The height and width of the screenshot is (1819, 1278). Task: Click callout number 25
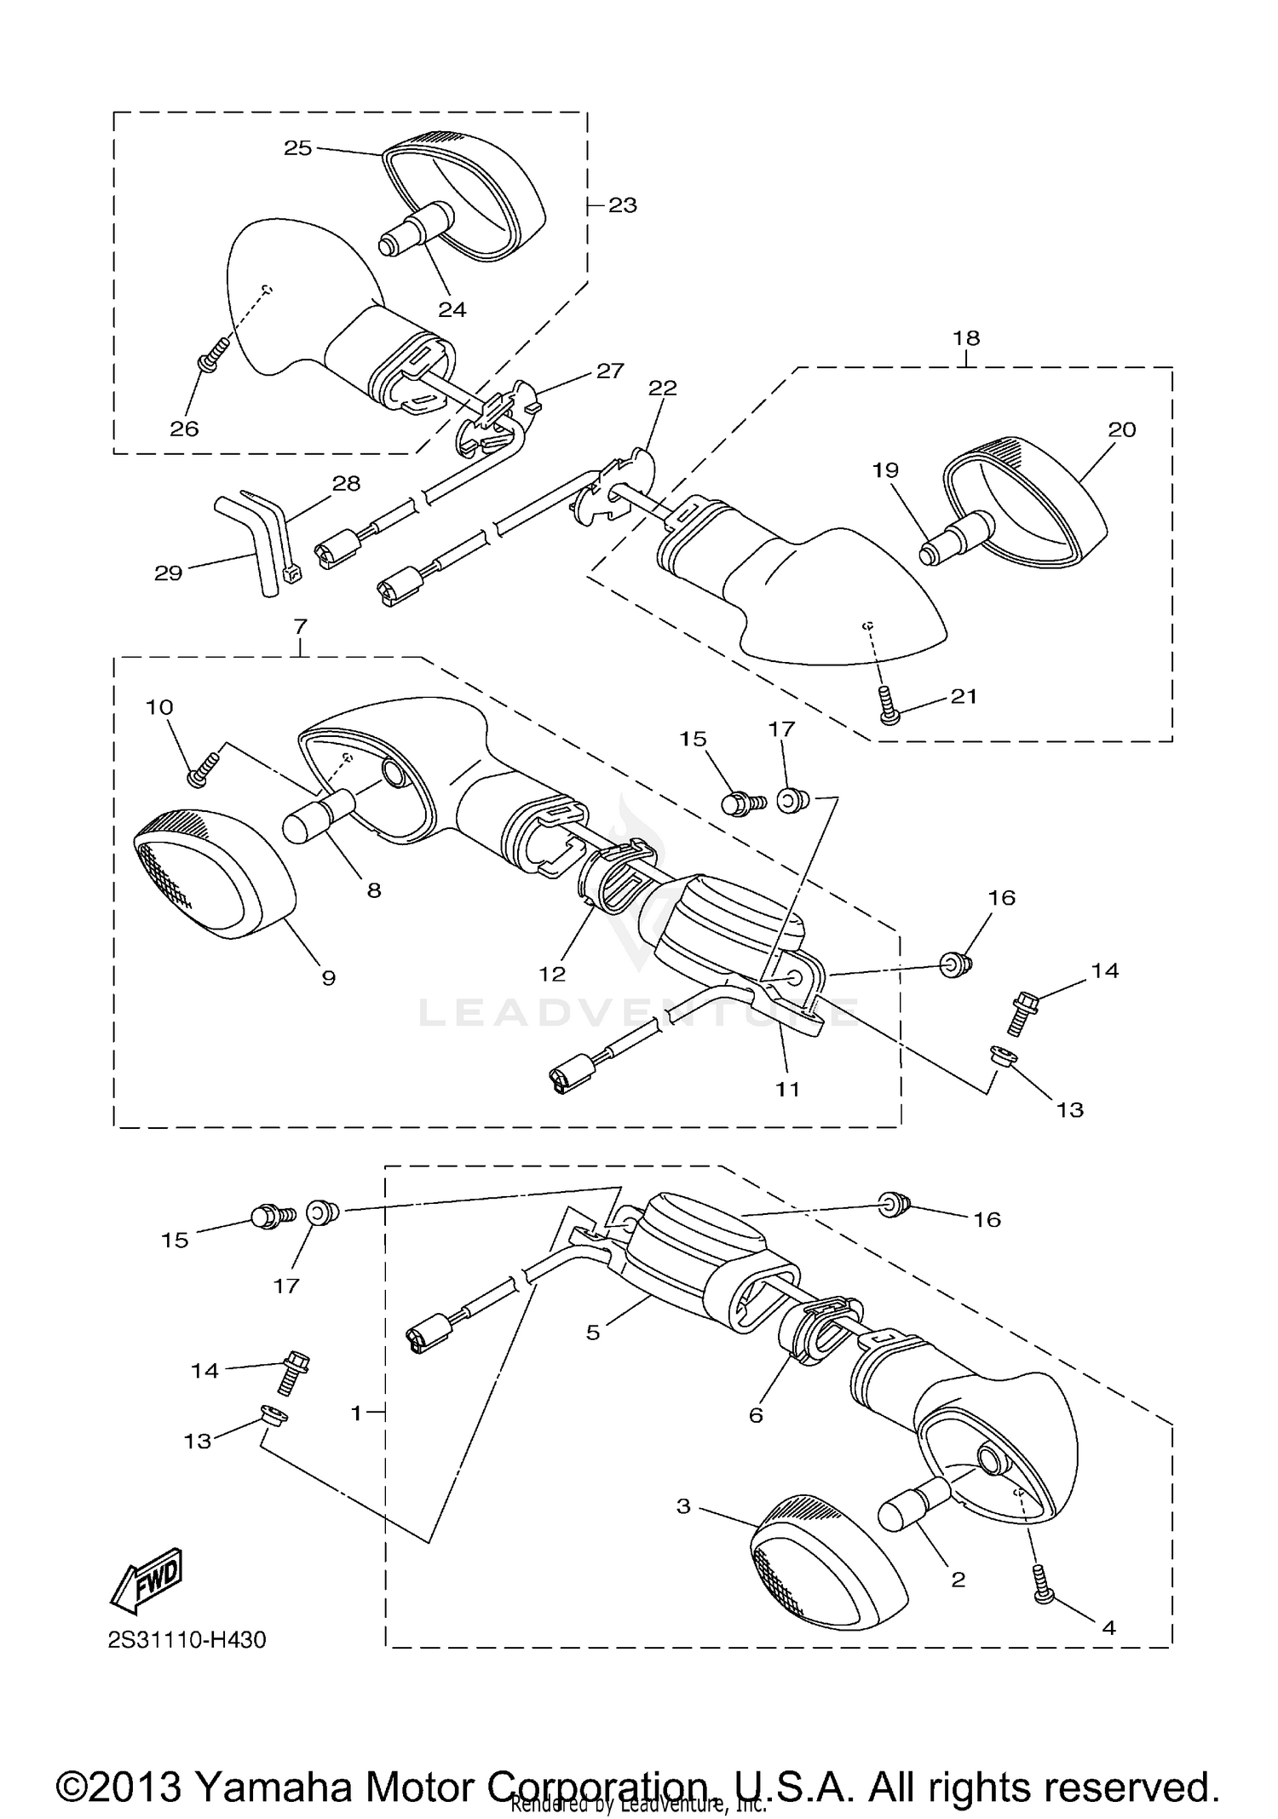pos(297,148)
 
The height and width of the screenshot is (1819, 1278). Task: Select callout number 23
pos(623,205)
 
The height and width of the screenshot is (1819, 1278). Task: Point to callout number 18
pos(966,338)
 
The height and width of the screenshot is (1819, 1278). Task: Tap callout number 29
pos(168,573)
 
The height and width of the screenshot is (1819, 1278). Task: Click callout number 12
pos(552,973)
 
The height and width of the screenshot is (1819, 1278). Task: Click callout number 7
pos(300,626)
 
